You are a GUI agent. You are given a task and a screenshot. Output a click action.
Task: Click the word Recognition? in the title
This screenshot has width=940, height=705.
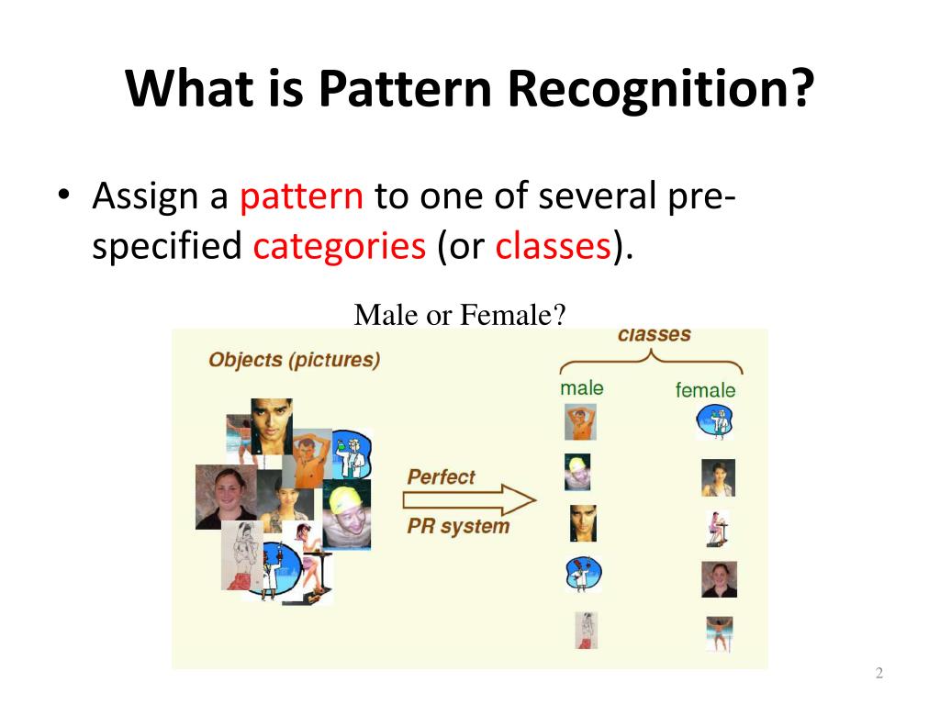pyautogui.click(x=660, y=88)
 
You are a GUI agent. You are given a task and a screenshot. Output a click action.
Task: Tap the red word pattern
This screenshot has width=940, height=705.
pyautogui.click(x=301, y=196)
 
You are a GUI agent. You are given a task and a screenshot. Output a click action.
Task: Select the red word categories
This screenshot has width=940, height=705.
pyautogui.click(x=340, y=246)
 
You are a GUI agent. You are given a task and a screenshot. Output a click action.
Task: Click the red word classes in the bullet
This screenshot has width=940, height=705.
pyautogui.click(x=553, y=246)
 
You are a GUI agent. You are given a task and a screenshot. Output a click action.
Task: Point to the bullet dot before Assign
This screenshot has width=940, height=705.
pyautogui.click(x=63, y=195)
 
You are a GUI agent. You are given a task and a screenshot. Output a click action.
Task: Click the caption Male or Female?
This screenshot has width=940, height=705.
pyautogui.click(x=460, y=315)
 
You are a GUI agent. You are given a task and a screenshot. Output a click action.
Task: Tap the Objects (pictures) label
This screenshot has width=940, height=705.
pyautogui.click(x=295, y=360)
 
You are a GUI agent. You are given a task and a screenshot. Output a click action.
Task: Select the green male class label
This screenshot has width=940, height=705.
pyautogui.click(x=581, y=388)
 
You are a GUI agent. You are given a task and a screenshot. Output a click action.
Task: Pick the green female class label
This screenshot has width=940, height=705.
pyautogui.click(x=705, y=390)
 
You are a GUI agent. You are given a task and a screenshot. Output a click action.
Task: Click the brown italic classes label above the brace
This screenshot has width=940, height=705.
pyautogui.click(x=654, y=334)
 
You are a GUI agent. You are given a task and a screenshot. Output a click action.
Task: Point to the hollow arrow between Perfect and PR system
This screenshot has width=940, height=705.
pyautogui.click(x=469, y=500)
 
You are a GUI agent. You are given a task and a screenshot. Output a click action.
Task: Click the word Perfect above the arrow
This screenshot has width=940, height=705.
pyautogui.click(x=441, y=477)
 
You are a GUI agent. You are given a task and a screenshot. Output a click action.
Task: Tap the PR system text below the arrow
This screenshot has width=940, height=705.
pyautogui.click(x=458, y=526)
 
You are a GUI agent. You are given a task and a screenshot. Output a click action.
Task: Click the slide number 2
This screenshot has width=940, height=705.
pyautogui.click(x=878, y=673)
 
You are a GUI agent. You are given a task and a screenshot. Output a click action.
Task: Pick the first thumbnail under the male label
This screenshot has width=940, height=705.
pyautogui.click(x=580, y=422)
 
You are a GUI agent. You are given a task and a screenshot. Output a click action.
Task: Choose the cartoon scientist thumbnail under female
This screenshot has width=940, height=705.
pyautogui.click(x=714, y=421)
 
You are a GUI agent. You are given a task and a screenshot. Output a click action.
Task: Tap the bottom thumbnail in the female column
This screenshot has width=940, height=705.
pyautogui.click(x=720, y=634)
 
